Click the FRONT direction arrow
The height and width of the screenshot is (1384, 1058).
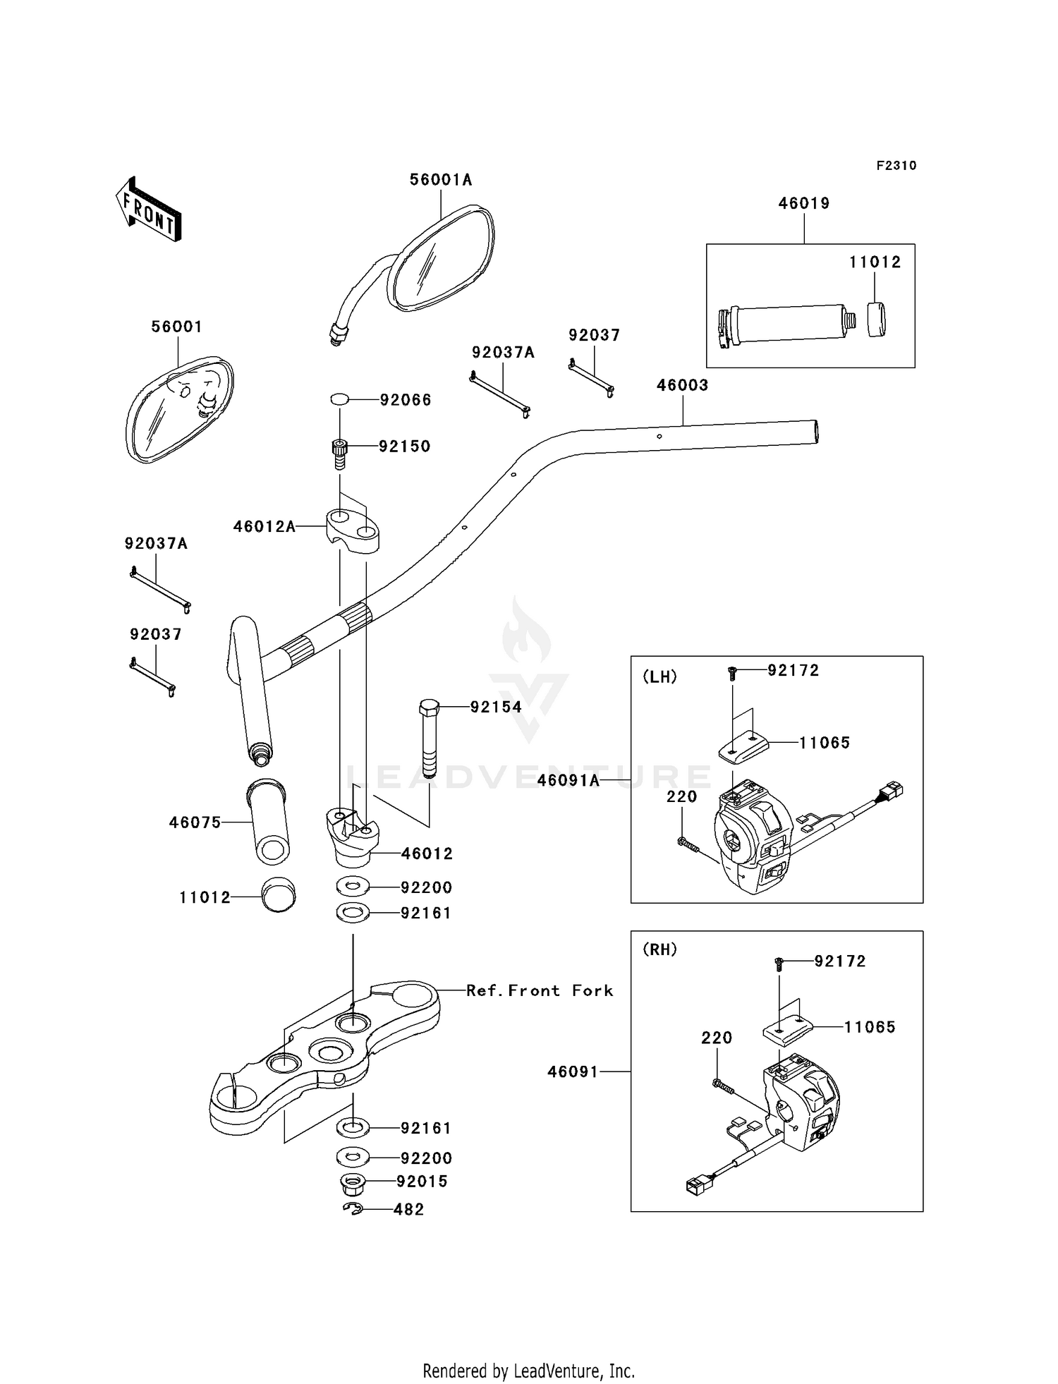(x=149, y=210)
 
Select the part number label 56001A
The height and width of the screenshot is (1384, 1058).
(x=441, y=180)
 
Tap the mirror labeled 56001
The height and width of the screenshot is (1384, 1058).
(x=180, y=409)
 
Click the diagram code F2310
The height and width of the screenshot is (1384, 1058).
(x=896, y=166)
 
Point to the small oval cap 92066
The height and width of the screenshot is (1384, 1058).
(x=339, y=400)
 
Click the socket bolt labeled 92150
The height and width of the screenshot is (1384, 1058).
(x=340, y=453)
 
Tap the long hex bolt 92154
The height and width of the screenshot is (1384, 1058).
(x=429, y=737)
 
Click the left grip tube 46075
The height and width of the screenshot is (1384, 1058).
(x=268, y=822)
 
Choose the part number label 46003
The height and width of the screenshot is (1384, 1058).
(x=682, y=385)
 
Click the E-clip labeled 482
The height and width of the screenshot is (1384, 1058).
(x=353, y=1209)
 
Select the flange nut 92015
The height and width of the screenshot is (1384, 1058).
(x=353, y=1182)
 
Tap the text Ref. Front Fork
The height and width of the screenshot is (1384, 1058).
(x=540, y=990)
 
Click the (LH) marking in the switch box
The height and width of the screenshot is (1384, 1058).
(x=659, y=676)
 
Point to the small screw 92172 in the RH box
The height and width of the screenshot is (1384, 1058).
(x=779, y=961)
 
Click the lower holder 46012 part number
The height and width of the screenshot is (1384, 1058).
(x=427, y=854)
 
